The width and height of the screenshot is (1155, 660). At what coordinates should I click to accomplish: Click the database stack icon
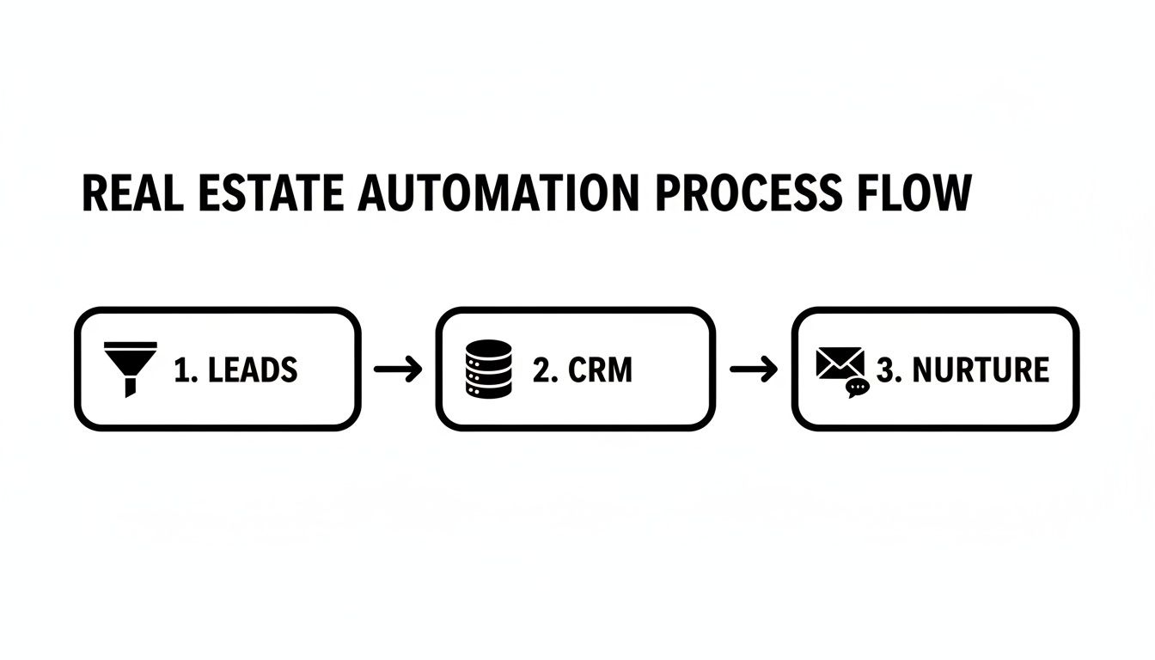pyautogui.click(x=487, y=369)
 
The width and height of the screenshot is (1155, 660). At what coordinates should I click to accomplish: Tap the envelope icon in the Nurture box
pyautogui.click(x=839, y=364)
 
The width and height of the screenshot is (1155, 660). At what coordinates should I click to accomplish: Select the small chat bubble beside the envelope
pyautogui.click(x=857, y=388)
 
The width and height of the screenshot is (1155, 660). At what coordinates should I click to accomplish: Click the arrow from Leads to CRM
pyautogui.click(x=399, y=370)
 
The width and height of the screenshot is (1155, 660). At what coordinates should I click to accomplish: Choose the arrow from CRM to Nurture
pyautogui.click(x=753, y=370)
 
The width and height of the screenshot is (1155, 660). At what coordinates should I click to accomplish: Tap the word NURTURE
pyautogui.click(x=980, y=370)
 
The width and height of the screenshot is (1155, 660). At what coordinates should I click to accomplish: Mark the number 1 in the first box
pyautogui.click(x=181, y=370)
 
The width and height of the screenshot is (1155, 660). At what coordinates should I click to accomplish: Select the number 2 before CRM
pyautogui.click(x=541, y=370)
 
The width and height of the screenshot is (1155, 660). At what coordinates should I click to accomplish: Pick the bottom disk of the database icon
pyautogui.click(x=487, y=388)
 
